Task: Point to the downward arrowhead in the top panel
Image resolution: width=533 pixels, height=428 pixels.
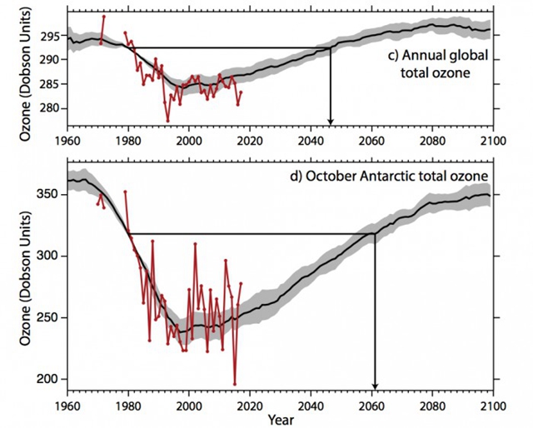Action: click(x=331, y=121)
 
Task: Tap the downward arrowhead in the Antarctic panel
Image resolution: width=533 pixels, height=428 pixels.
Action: click(x=375, y=385)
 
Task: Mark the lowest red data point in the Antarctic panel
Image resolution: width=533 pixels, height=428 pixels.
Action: click(x=235, y=385)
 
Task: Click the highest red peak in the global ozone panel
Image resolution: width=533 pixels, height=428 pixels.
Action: click(x=104, y=17)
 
